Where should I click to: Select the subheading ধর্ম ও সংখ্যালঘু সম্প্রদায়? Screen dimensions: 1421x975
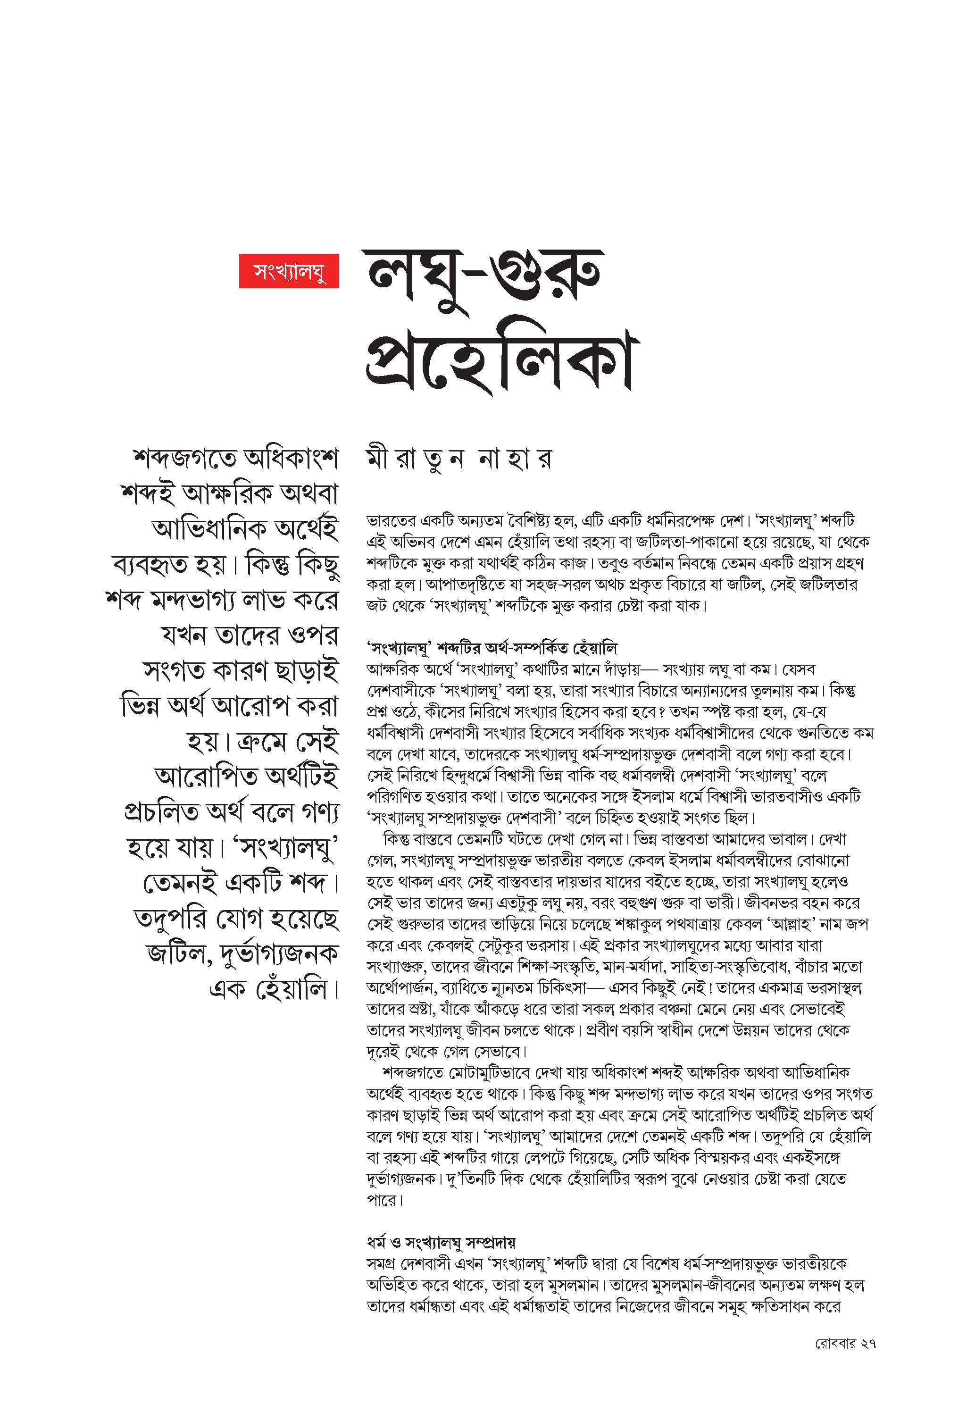pyautogui.click(x=441, y=1243)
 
